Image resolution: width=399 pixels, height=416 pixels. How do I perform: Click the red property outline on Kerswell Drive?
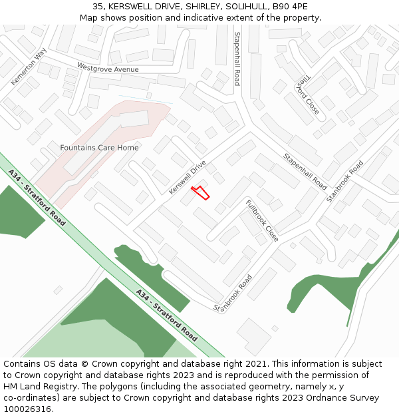coord(201,193)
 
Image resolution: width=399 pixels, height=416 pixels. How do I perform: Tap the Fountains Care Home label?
coord(100,148)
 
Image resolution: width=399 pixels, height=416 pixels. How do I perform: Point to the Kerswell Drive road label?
coord(188,177)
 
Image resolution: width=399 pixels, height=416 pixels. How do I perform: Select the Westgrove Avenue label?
coord(108,69)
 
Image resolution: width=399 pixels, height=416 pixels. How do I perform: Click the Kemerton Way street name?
coord(29,67)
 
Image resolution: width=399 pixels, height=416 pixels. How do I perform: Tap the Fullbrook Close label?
coord(262,220)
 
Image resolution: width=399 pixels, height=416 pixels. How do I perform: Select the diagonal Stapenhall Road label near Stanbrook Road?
coord(305,171)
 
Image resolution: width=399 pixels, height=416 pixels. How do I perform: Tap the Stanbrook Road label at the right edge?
coord(345,182)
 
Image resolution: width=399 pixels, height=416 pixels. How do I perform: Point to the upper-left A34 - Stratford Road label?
coord(37,197)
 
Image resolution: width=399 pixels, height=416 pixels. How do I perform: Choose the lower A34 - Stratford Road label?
coord(166,315)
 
